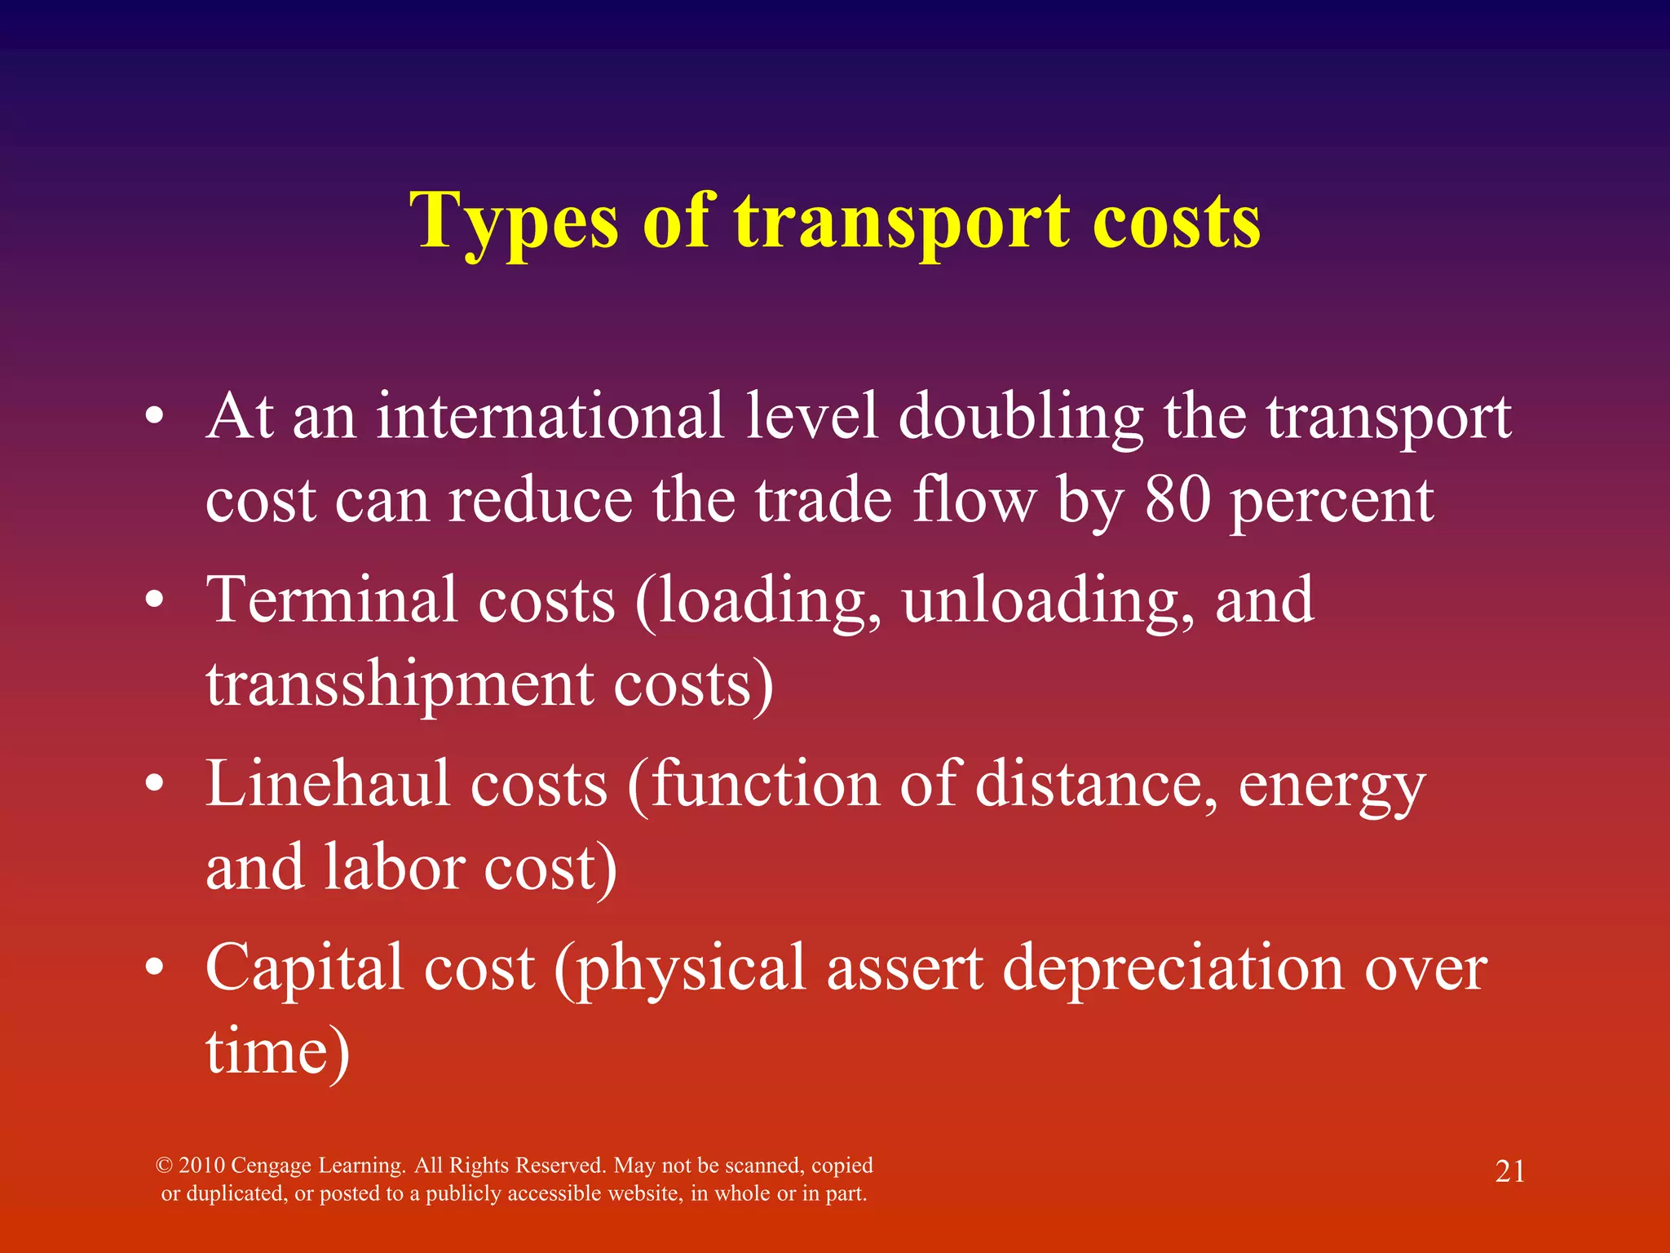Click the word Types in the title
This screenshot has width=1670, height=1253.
514,222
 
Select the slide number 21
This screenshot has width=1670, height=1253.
1509,1171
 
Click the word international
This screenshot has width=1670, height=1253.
550,416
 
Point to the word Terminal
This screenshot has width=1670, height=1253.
331,600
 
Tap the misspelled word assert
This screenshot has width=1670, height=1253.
904,967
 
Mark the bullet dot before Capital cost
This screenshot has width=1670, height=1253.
154,969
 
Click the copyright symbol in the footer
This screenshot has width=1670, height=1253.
164,1166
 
